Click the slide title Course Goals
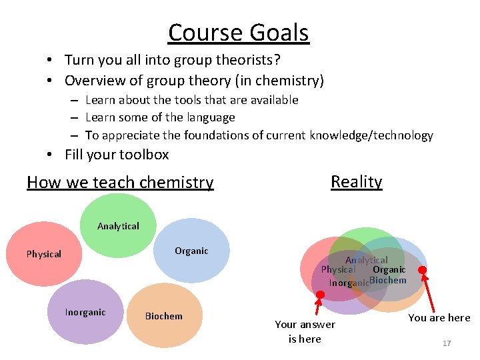pyautogui.click(x=238, y=32)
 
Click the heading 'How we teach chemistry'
pyautogui.click(x=120, y=182)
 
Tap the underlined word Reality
pyautogui.click(x=356, y=181)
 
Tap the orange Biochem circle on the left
pyautogui.click(x=163, y=316)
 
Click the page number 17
pyautogui.click(x=447, y=343)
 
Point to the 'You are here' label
pyautogui.click(x=439, y=318)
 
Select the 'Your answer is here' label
pyautogui.click(x=305, y=331)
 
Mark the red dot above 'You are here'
pyautogui.click(x=421, y=270)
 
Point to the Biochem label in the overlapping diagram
pyautogui.click(x=387, y=280)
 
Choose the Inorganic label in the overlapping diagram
pyautogui.click(x=349, y=283)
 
